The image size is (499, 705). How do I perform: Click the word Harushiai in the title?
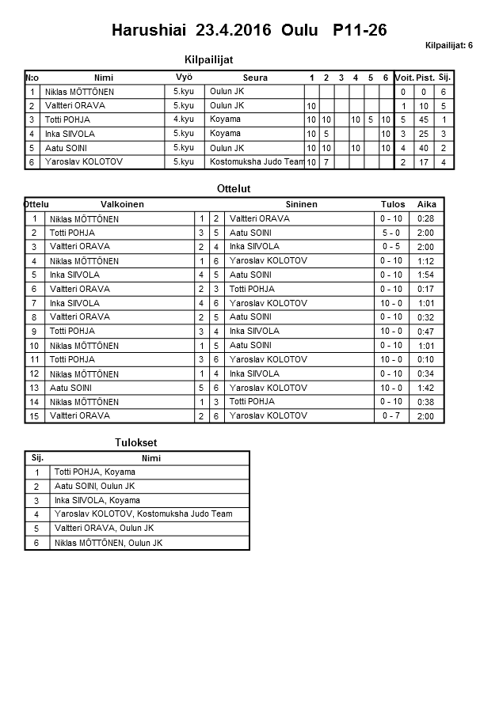(148, 30)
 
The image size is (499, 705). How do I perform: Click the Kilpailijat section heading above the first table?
(208, 59)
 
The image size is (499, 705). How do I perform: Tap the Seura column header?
(255, 78)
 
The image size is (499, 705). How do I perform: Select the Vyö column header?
(184, 77)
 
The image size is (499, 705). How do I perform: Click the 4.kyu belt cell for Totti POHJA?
(184, 119)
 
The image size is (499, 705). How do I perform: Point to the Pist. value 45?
(424, 119)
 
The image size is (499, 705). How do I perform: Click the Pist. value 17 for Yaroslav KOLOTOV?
(424, 162)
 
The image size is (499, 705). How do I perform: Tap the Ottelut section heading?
(233, 189)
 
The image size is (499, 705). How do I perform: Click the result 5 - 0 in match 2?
(391, 233)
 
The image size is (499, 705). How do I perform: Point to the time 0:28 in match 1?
(426, 218)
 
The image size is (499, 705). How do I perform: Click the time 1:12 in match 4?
(426, 261)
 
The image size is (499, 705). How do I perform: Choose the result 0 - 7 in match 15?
(391, 415)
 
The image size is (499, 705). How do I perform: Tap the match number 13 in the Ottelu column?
(34, 388)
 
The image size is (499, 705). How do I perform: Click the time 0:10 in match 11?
(426, 359)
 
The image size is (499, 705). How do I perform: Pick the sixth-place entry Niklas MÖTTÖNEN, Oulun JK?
(108, 543)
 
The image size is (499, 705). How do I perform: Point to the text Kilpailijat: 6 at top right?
(448, 45)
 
